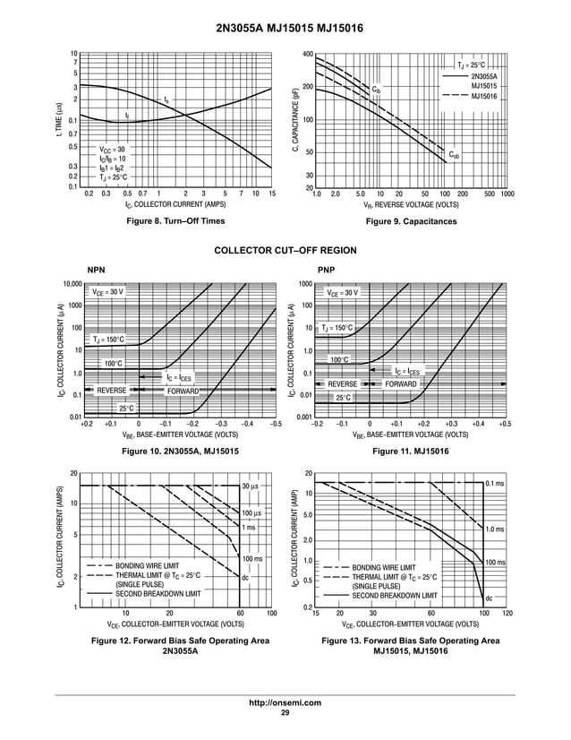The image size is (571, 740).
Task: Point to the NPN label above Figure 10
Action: (96, 270)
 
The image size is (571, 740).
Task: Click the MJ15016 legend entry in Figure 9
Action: (484, 95)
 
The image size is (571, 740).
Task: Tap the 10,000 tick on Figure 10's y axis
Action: (71, 285)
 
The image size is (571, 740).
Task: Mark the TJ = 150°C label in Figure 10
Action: (108, 340)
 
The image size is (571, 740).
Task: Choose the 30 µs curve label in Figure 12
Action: (251, 486)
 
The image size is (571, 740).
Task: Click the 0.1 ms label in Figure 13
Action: (494, 484)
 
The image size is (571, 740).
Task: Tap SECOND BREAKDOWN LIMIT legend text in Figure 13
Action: (395, 595)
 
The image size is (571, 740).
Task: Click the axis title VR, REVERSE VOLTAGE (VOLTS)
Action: (411, 204)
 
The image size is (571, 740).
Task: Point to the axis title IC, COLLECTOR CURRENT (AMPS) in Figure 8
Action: (175, 204)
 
